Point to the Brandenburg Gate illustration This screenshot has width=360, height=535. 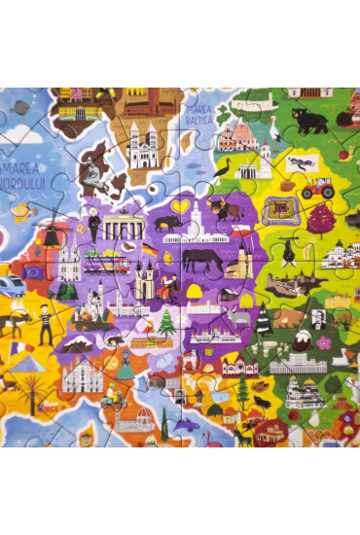pyautogui.click(x=124, y=227)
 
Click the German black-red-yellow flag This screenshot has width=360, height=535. pyautogui.click(x=150, y=251)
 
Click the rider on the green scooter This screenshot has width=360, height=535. pyautogui.click(x=113, y=397)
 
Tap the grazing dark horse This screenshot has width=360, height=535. pyautogui.click(x=200, y=260)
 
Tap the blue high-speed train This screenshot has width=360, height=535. pyautogui.click(x=11, y=284)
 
